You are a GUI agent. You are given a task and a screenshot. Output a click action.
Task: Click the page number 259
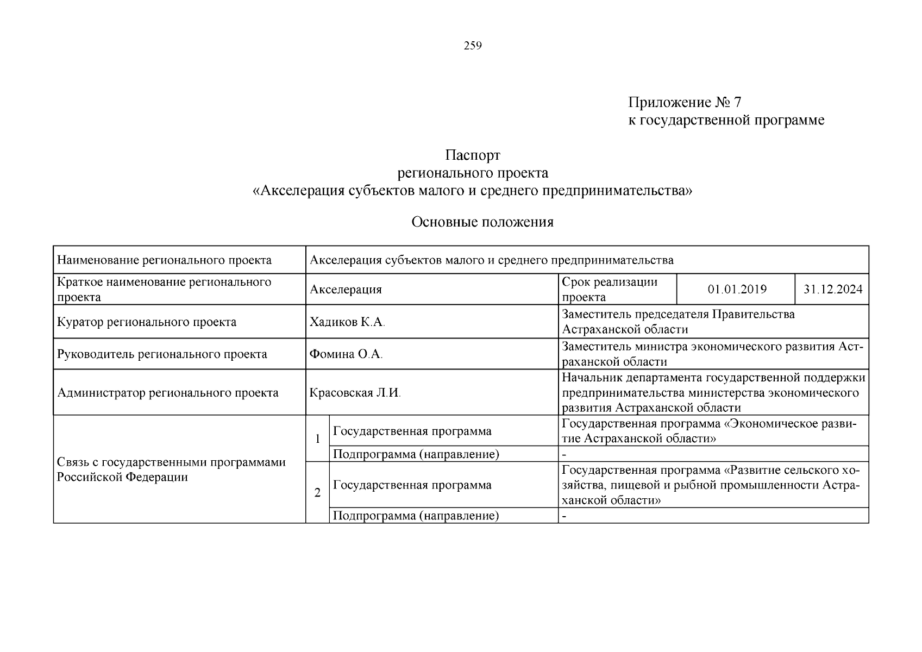[x=472, y=46]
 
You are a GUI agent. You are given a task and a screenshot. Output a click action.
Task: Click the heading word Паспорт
[x=472, y=155]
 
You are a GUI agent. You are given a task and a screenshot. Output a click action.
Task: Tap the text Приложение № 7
[x=684, y=102]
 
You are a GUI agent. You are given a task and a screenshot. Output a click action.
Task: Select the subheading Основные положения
[x=482, y=222]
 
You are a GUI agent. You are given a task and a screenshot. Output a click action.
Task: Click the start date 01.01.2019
[x=737, y=289]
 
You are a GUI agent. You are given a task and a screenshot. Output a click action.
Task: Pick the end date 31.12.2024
[x=832, y=289]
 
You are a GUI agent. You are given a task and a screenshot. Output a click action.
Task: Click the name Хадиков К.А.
[x=347, y=322]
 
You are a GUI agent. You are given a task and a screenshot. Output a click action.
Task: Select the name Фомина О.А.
[x=346, y=354]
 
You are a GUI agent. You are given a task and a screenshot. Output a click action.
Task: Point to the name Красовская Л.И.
[x=355, y=393]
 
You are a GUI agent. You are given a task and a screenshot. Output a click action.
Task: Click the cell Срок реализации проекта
[x=610, y=289]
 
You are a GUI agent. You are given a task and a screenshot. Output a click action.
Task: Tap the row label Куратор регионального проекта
[x=147, y=322]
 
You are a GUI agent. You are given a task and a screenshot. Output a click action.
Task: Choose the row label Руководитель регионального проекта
[x=162, y=354]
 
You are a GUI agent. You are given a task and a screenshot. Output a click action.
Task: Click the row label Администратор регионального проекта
[x=167, y=393]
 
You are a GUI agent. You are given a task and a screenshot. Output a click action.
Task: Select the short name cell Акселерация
[x=346, y=290]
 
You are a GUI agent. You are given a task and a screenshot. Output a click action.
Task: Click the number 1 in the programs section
[x=317, y=438]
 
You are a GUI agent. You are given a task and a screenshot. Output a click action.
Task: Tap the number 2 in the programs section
[x=317, y=493]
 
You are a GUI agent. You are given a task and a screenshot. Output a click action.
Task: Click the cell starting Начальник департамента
[x=713, y=392]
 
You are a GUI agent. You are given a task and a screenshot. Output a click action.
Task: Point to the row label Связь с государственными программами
[x=171, y=469]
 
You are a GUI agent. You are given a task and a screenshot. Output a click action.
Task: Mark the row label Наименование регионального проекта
[x=164, y=260]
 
